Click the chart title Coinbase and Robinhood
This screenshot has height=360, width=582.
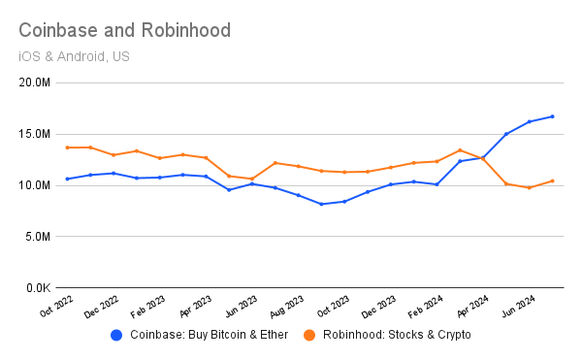click(125, 30)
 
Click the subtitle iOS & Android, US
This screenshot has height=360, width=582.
click(74, 55)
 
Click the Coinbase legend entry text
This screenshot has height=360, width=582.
click(205, 335)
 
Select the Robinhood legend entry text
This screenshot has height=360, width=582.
click(396, 335)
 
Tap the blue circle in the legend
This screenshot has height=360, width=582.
click(117, 335)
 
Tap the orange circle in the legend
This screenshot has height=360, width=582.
click(309, 335)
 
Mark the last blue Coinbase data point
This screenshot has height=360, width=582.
click(552, 116)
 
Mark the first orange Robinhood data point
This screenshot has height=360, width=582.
click(67, 147)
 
